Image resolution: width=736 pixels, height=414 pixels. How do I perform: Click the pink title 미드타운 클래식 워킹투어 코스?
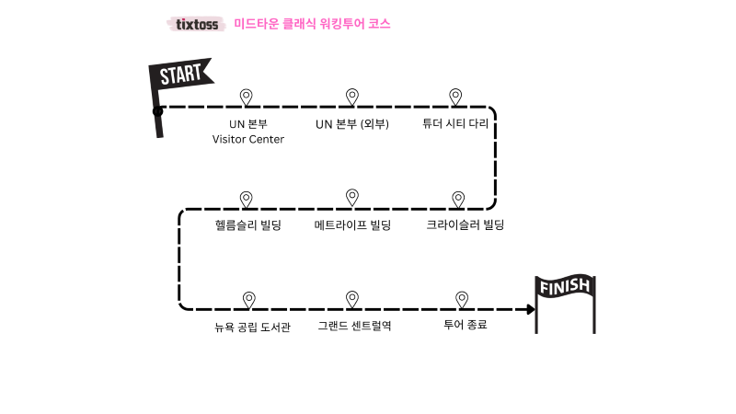coord(313,24)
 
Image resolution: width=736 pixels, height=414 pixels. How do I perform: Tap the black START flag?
coord(180,79)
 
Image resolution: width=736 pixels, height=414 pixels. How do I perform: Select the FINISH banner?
coord(565,289)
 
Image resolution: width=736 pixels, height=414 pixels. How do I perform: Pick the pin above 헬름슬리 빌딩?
coord(247,198)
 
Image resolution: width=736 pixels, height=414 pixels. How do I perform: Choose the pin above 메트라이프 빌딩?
coord(351,196)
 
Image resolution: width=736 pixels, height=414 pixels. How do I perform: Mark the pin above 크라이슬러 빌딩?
coord(458,198)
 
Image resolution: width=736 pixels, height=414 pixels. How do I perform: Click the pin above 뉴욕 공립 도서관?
coord(248,299)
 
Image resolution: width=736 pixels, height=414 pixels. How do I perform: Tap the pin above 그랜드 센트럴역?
coord(351,298)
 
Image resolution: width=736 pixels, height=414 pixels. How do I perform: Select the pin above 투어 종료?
coord(462,299)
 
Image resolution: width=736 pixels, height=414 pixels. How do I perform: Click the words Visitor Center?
coord(248,140)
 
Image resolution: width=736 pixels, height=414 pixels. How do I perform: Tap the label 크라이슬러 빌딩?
coord(465,224)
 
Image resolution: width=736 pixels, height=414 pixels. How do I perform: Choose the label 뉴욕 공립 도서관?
coord(252,327)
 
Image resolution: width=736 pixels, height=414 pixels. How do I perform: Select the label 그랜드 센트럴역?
coord(354,326)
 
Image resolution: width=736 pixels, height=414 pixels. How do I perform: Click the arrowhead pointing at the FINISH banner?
coord(530,309)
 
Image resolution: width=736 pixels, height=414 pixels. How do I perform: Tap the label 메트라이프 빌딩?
coord(352,224)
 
